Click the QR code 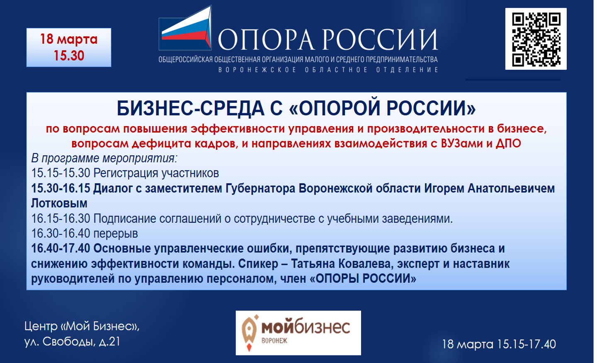point(536,39)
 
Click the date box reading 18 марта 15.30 point(69,47)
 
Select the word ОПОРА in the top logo point(266,40)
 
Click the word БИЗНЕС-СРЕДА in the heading point(190,108)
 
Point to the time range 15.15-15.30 point(61,173)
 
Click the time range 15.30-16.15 point(61,188)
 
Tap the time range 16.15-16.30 point(61,219)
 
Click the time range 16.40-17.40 point(61,248)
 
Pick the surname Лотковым point(59,203)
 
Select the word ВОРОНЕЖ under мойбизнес point(274,341)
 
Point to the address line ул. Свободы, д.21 point(72,341)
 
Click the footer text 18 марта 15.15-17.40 point(499,344)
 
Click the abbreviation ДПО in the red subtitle point(508,144)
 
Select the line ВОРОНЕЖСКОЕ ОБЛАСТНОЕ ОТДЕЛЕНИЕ point(328,70)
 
